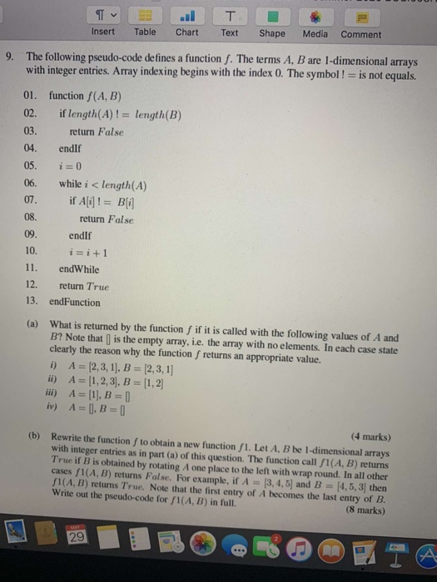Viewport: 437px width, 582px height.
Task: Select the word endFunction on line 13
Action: tap(75, 303)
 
